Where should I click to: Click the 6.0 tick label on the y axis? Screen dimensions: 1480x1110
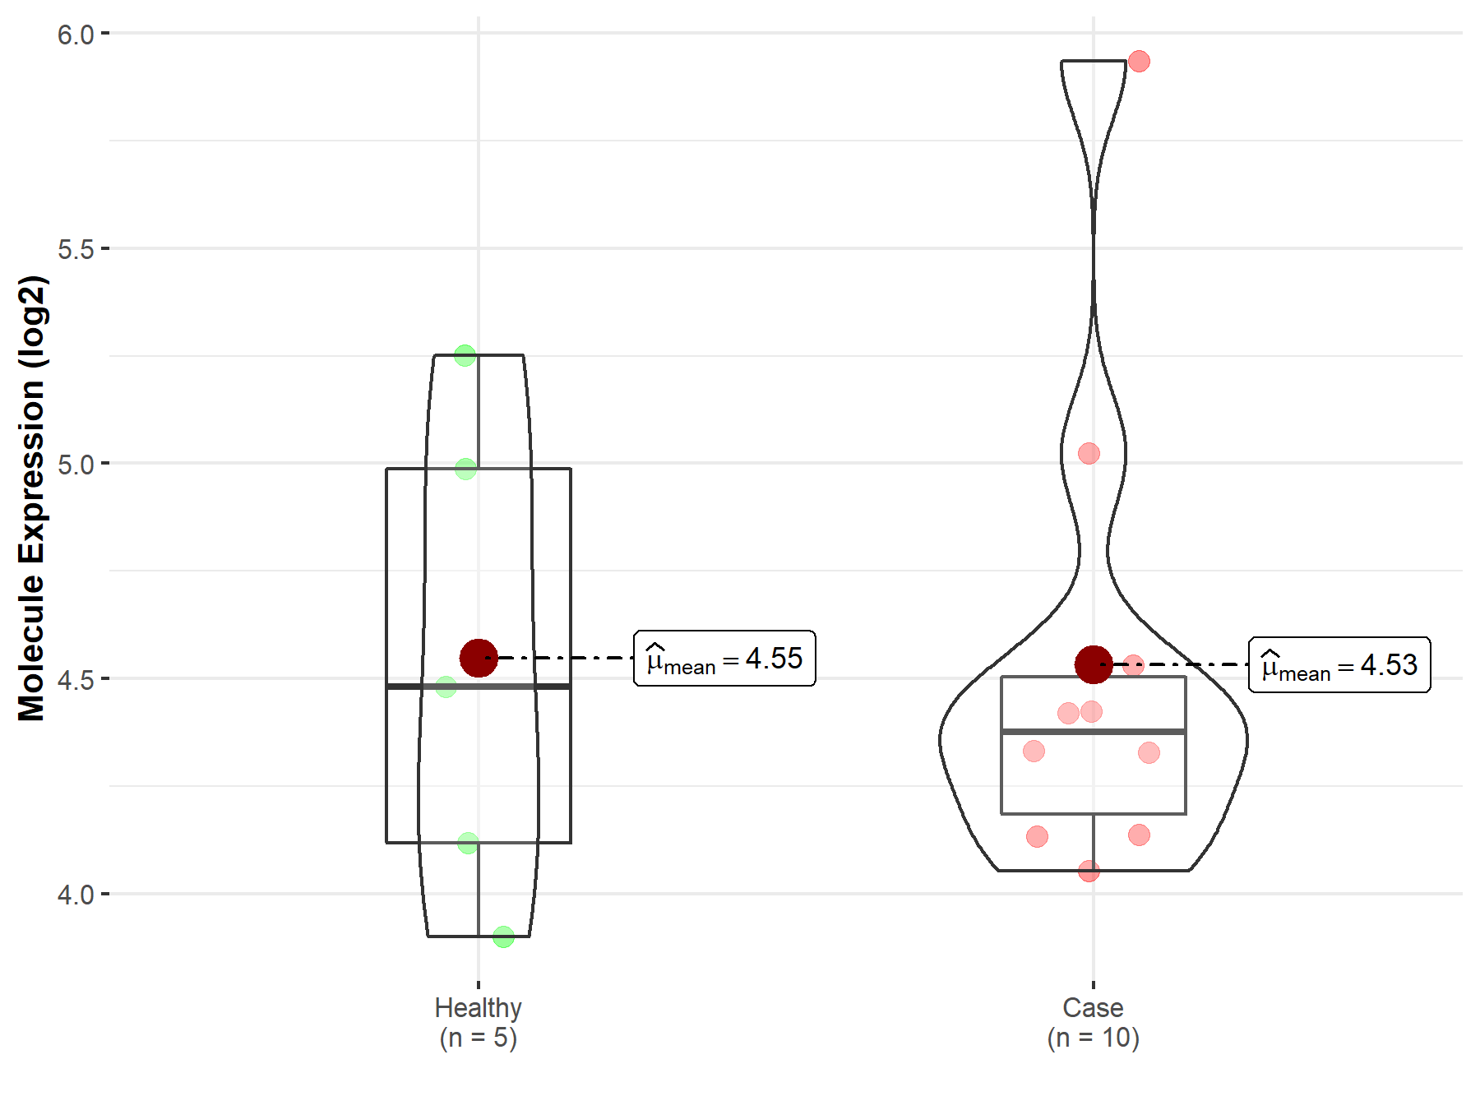click(76, 34)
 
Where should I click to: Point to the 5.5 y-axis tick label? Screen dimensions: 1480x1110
click(76, 248)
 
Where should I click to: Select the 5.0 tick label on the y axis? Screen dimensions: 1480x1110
click(76, 464)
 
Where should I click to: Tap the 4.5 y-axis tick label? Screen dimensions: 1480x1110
click(76, 679)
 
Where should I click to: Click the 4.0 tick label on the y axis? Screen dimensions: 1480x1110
click(76, 894)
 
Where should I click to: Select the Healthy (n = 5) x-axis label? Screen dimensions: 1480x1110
click(479, 1022)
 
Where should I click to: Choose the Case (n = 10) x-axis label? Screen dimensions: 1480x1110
click(1094, 1022)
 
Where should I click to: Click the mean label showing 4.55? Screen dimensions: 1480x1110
click(724, 658)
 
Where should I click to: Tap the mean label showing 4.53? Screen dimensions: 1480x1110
click(1339, 664)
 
